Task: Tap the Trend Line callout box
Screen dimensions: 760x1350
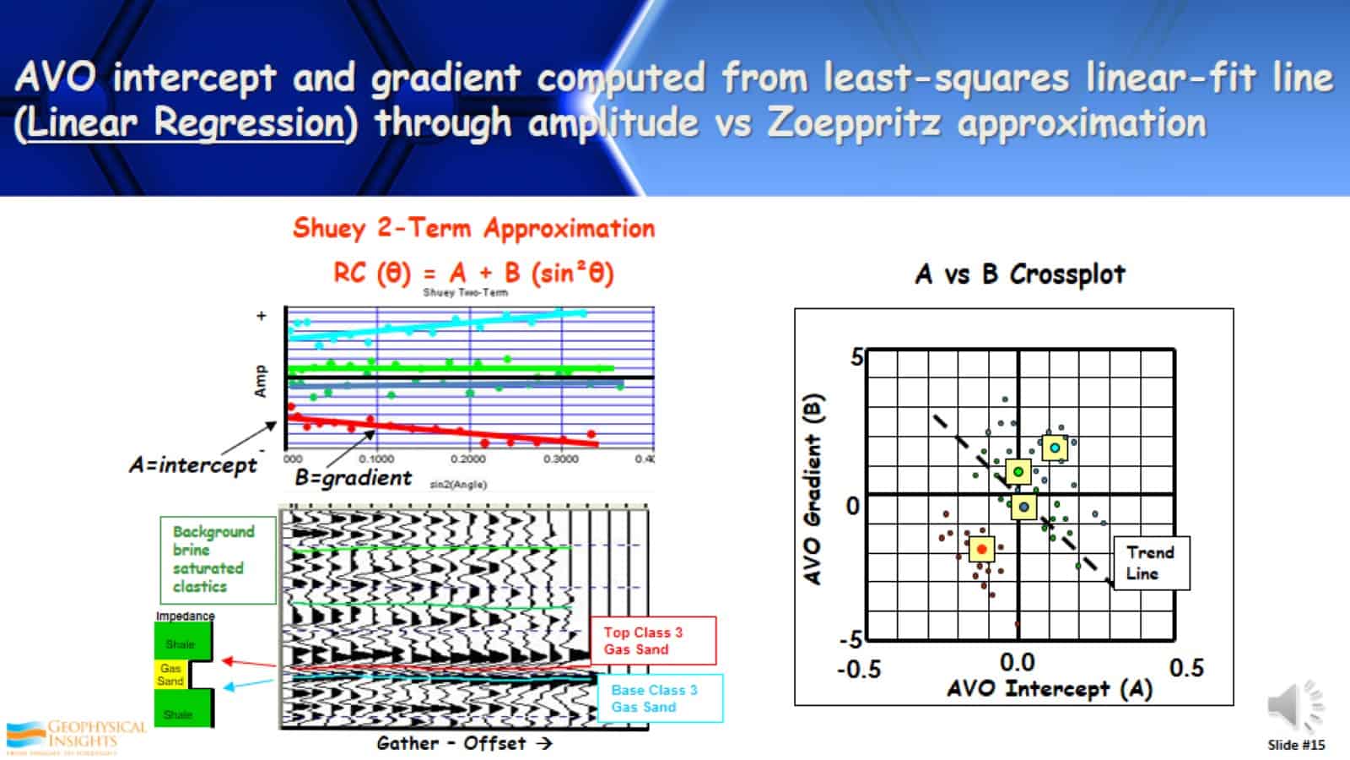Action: pyautogui.click(x=1151, y=562)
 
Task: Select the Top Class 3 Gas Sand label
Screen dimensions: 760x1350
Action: pyautogui.click(x=654, y=641)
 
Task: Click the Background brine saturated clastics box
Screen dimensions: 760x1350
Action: pyautogui.click(x=218, y=559)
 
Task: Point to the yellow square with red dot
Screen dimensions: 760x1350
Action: pyautogui.click(x=981, y=550)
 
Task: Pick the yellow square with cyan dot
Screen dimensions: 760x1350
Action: pyautogui.click(x=1054, y=448)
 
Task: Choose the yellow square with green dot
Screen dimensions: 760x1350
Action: pyautogui.click(x=1018, y=471)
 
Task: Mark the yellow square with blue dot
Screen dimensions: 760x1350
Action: pyautogui.click(x=1023, y=508)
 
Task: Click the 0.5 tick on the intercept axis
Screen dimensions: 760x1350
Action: pyautogui.click(x=1186, y=668)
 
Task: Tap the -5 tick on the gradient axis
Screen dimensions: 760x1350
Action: pyautogui.click(x=851, y=639)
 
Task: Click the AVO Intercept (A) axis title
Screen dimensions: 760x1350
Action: pyautogui.click(x=1050, y=689)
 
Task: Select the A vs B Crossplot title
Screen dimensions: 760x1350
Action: pyautogui.click(x=1020, y=274)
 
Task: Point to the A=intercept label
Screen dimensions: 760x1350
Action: pyautogui.click(x=193, y=465)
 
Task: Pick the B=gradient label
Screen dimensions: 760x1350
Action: pyautogui.click(x=354, y=478)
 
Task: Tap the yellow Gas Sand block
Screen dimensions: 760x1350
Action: pyautogui.click(x=171, y=674)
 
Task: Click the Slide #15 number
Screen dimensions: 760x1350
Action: pyautogui.click(x=1296, y=745)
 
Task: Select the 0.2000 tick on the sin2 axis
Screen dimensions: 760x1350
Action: pyautogui.click(x=468, y=459)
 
